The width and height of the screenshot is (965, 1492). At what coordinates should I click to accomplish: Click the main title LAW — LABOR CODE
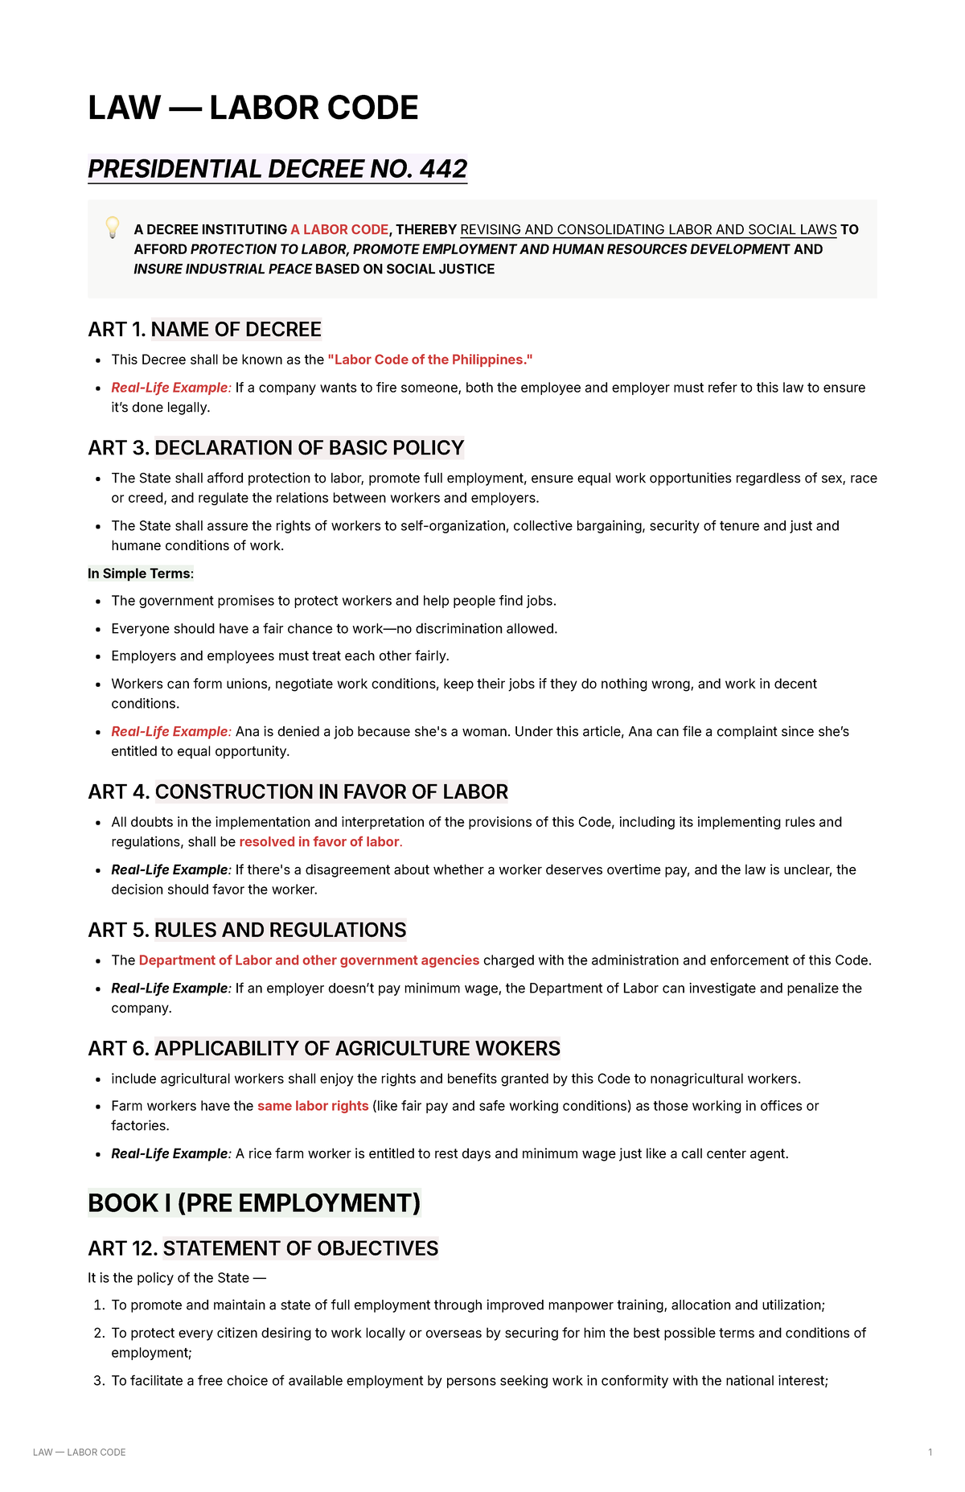coord(253,109)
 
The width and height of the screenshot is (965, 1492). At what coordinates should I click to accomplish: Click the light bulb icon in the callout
coord(113,227)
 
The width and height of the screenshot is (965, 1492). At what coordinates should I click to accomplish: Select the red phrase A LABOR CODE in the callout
coord(339,229)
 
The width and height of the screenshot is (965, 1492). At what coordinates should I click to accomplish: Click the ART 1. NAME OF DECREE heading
coord(204,330)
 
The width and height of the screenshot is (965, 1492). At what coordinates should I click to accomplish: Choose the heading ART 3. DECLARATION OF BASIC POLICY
coord(276,448)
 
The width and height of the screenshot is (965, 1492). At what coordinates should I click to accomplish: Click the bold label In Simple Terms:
coord(141,573)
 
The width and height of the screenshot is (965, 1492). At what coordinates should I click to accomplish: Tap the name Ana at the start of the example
coord(247,731)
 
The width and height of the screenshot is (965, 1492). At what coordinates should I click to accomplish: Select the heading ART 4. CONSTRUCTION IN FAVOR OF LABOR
coord(298,792)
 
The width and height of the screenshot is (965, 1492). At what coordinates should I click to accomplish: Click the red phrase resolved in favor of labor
coord(320,842)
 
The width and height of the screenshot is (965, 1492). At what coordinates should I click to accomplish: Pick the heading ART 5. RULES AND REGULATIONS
coord(247,931)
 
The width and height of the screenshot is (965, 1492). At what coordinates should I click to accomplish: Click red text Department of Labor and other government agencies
coord(309,960)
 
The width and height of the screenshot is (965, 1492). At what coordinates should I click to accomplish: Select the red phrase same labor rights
coord(313,1106)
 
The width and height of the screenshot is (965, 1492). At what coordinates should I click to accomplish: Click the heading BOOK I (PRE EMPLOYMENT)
coord(254,1203)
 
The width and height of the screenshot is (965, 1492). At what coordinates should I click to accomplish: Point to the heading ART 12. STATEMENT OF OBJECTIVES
coord(263,1248)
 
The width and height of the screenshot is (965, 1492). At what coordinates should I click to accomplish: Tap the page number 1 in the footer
coord(930,1453)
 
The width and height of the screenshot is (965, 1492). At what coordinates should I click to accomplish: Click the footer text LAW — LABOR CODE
coord(79,1453)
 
